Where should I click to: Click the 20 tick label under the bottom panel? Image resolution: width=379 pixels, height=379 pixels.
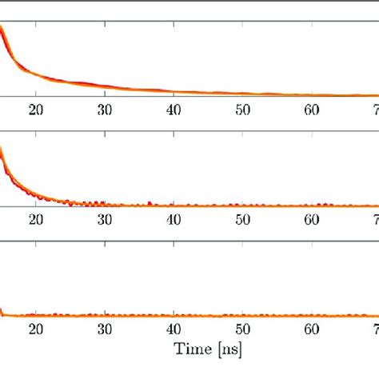pyautogui.click(x=35, y=329)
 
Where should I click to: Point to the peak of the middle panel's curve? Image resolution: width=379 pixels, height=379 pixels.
pyautogui.click(x=2, y=148)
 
